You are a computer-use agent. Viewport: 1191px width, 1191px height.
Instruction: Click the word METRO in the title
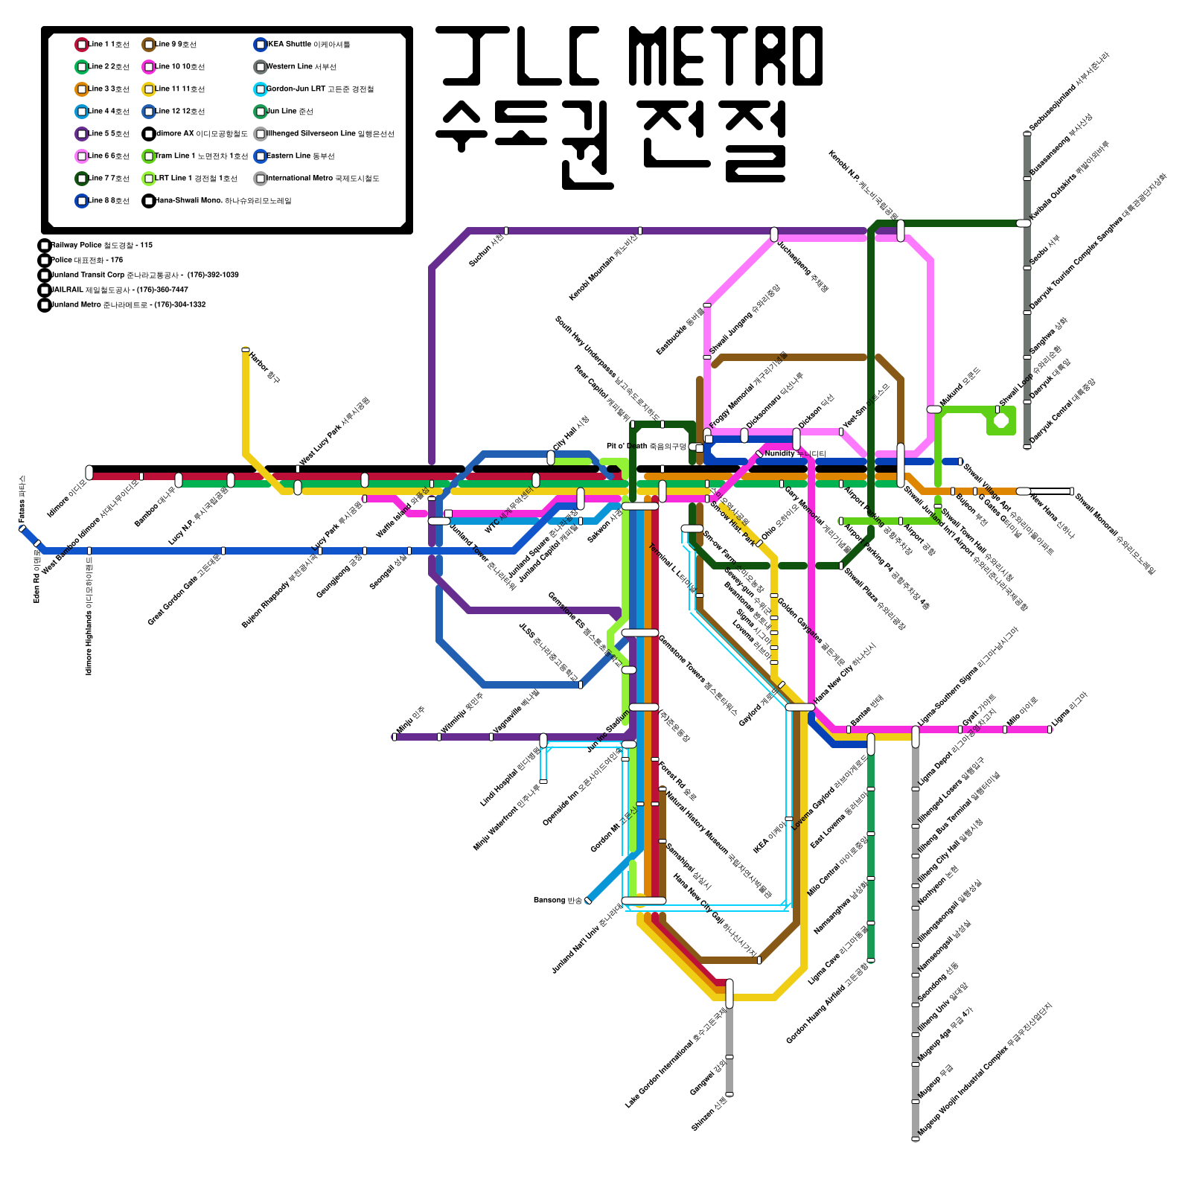coord(726,56)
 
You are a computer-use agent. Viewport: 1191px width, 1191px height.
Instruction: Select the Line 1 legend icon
coord(82,45)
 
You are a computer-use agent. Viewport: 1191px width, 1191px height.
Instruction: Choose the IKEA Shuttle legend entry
coord(301,45)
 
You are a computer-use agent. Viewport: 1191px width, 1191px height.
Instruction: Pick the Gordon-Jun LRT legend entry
coord(313,89)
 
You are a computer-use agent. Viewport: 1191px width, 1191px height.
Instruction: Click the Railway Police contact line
coord(97,245)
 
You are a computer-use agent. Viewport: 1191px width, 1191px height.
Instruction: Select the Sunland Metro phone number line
coord(123,304)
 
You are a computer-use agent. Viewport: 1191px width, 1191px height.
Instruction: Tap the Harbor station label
coord(265,368)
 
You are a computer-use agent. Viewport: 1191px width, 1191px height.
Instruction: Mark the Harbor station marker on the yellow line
coord(246,350)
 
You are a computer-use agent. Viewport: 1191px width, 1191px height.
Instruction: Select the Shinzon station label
coord(709,1115)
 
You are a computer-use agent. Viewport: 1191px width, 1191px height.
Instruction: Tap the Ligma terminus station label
coord(1070,710)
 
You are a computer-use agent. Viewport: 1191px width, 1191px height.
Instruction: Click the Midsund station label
coord(960,387)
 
